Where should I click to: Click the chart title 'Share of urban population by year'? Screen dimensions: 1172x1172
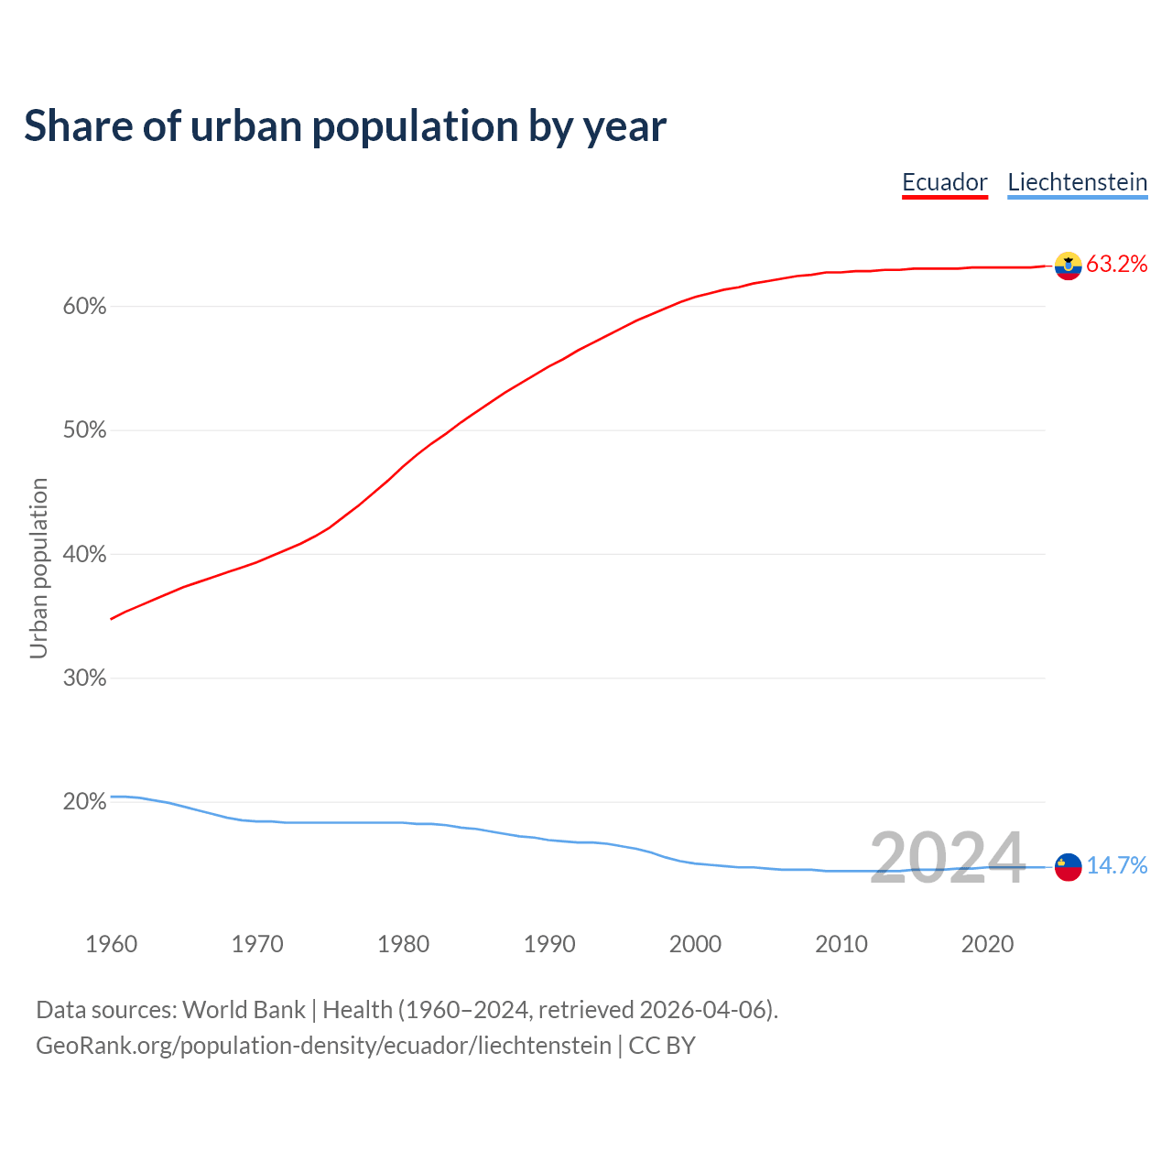[345, 126]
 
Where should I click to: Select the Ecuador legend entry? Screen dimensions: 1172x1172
[945, 182]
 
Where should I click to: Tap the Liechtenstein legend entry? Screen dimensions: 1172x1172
[1077, 182]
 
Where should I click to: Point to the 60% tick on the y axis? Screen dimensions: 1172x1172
[85, 307]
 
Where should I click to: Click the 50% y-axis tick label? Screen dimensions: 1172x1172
[85, 430]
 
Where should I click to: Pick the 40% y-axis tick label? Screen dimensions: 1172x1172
[85, 555]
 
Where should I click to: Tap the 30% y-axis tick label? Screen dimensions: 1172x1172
[85, 678]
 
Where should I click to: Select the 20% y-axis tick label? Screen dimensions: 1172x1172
[85, 802]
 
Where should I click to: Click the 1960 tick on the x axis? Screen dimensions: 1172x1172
[112, 944]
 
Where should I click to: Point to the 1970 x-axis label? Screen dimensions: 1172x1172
[257, 944]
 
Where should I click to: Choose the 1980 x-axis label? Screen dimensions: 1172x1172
[404, 944]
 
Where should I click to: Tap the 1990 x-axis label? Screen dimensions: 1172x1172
[549, 944]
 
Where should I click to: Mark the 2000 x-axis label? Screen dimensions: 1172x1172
[696, 944]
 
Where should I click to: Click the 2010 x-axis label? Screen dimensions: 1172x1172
[841, 944]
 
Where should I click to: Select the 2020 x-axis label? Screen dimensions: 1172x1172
[987, 944]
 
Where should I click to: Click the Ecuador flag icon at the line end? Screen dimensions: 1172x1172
[1068, 266]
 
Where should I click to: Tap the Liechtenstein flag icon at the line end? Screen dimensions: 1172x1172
[1068, 866]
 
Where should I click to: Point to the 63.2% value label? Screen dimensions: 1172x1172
[1117, 265]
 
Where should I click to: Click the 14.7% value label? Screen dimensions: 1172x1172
[1117, 866]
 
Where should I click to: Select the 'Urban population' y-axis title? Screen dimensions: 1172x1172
[38, 568]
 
